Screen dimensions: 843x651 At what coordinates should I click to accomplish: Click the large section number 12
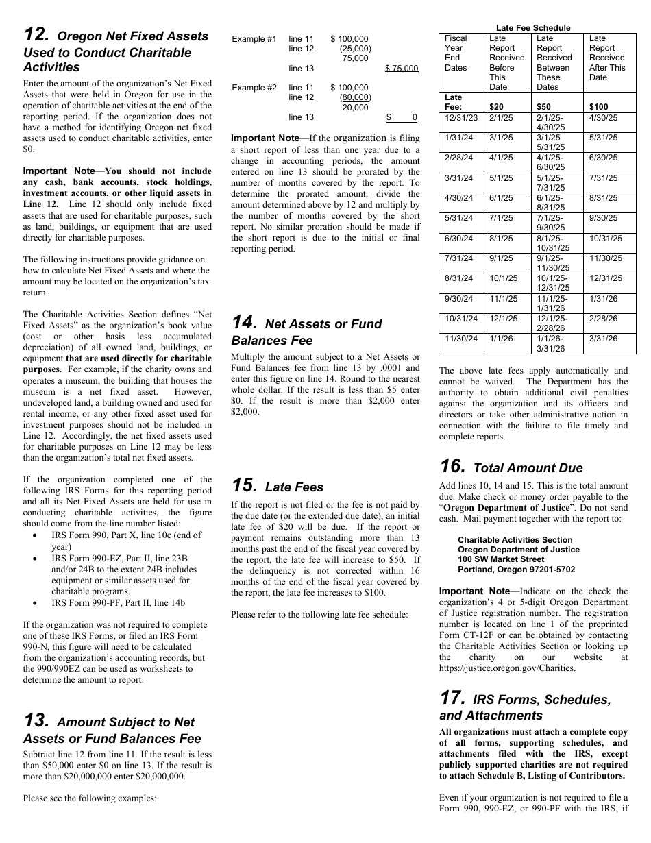click(36, 35)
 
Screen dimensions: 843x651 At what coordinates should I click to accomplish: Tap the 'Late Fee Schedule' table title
click(532, 28)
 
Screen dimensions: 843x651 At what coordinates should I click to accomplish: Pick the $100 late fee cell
click(598, 107)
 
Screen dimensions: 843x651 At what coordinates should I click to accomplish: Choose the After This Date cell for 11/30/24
click(603, 339)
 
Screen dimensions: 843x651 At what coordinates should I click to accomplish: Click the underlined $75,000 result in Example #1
click(402, 69)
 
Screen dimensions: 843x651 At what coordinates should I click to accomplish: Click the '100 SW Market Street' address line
click(501, 559)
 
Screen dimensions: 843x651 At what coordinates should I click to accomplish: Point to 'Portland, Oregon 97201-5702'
click(516, 570)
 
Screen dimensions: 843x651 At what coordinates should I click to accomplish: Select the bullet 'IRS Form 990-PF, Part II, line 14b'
click(118, 603)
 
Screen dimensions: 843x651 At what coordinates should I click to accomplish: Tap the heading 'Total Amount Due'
click(528, 468)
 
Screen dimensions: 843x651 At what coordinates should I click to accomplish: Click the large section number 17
click(452, 698)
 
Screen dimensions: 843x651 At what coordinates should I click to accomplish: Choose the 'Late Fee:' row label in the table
click(454, 102)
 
